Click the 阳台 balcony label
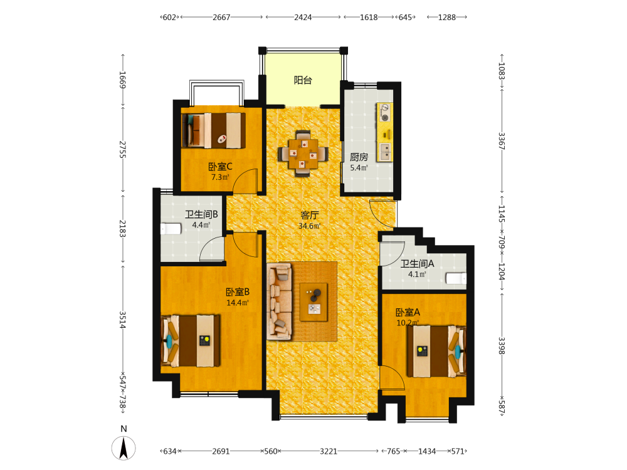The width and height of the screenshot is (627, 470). [x=303, y=80]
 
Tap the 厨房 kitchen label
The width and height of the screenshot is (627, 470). [x=359, y=157]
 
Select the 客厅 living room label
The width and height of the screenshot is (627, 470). [x=310, y=216]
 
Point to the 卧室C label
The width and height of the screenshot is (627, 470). [x=220, y=167]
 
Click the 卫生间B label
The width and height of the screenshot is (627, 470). [x=201, y=214]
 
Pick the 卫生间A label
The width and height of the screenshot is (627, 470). [x=417, y=264]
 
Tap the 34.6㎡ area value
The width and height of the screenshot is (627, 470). [x=310, y=226]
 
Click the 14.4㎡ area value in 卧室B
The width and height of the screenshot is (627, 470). [x=238, y=303]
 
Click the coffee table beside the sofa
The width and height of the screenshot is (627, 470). [x=313, y=302]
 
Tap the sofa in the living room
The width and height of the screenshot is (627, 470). [x=280, y=302]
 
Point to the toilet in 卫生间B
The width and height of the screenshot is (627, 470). [x=171, y=229]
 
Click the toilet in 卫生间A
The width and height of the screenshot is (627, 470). [x=456, y=278]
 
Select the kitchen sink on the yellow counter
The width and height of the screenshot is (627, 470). [x=385, y=152]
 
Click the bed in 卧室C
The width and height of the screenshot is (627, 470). [x=214, y=130]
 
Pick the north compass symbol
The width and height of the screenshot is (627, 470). [x=124, y=447]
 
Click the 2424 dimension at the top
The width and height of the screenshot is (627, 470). [x=303, y=17]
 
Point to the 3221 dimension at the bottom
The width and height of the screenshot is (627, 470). [x=329, y=451]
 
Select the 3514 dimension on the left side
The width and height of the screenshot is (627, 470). [x=122, y=320]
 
